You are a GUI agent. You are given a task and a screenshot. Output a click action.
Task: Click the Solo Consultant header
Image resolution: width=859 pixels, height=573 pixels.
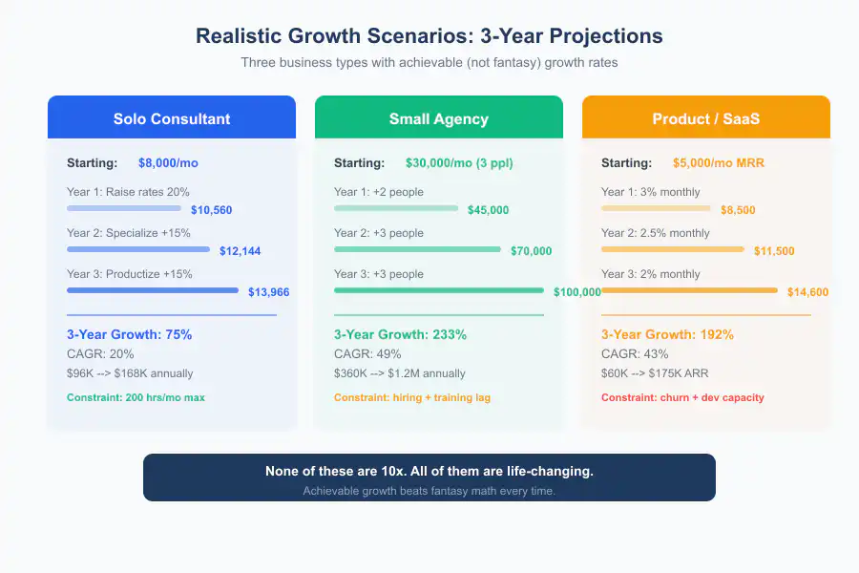pyautogui.click(x=172, y=119)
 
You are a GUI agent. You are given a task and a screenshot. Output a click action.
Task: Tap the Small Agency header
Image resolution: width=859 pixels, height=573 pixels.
pyautogui.click(x=438, y=119)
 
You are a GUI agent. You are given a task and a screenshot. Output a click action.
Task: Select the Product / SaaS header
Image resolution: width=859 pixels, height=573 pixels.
pyautogui.click(x=705, y=119)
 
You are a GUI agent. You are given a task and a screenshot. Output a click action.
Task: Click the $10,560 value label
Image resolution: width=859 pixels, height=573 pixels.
pyautogui.click(x=211, y=210)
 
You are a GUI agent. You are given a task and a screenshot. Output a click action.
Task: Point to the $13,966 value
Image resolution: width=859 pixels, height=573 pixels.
pyautogui.click(x=268, y=292)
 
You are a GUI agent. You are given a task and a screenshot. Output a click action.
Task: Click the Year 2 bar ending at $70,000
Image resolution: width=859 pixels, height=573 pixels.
pyautogui.click(x=417, y=249)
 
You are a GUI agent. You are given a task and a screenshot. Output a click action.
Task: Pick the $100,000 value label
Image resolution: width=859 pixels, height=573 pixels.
pyautogui.click(x=576, y=292)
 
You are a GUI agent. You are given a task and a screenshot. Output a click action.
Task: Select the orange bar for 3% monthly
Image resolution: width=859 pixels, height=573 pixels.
pyautogui.click(x=656, y=208)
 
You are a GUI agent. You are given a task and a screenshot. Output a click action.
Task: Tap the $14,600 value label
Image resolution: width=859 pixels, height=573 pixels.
pyautogui.click(x=807, y=292)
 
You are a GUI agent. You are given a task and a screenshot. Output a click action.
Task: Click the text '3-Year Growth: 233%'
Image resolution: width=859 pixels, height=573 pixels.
pyautogui.click(x=400, y=335)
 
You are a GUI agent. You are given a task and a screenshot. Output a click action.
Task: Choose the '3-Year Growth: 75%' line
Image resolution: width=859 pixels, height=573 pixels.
pyautogui.click(x=129, y=335)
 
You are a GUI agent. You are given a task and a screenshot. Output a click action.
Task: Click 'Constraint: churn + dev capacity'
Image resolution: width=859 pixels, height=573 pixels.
pyautogui.click(x=682, y=397)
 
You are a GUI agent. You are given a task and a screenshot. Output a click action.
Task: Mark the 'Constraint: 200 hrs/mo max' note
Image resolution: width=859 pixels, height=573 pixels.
pyautogui.click(x=136, y=397)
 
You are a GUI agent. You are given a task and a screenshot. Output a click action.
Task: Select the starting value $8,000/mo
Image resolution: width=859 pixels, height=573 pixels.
pyautogui.click(x=168, y=163)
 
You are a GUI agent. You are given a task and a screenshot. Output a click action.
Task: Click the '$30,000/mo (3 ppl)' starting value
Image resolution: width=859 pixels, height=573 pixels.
pyautogui.click(x=459, y=163)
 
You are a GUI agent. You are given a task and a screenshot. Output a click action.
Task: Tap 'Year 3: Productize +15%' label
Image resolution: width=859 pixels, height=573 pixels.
pyautogui.click(x=129, y=274)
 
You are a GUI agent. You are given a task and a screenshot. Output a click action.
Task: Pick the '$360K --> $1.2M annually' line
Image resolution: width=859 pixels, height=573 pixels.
pyautogui.click(x=400, y=373)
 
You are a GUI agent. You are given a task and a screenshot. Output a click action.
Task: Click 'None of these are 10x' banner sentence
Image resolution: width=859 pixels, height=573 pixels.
pyautogui.click(x=429, y=472)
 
